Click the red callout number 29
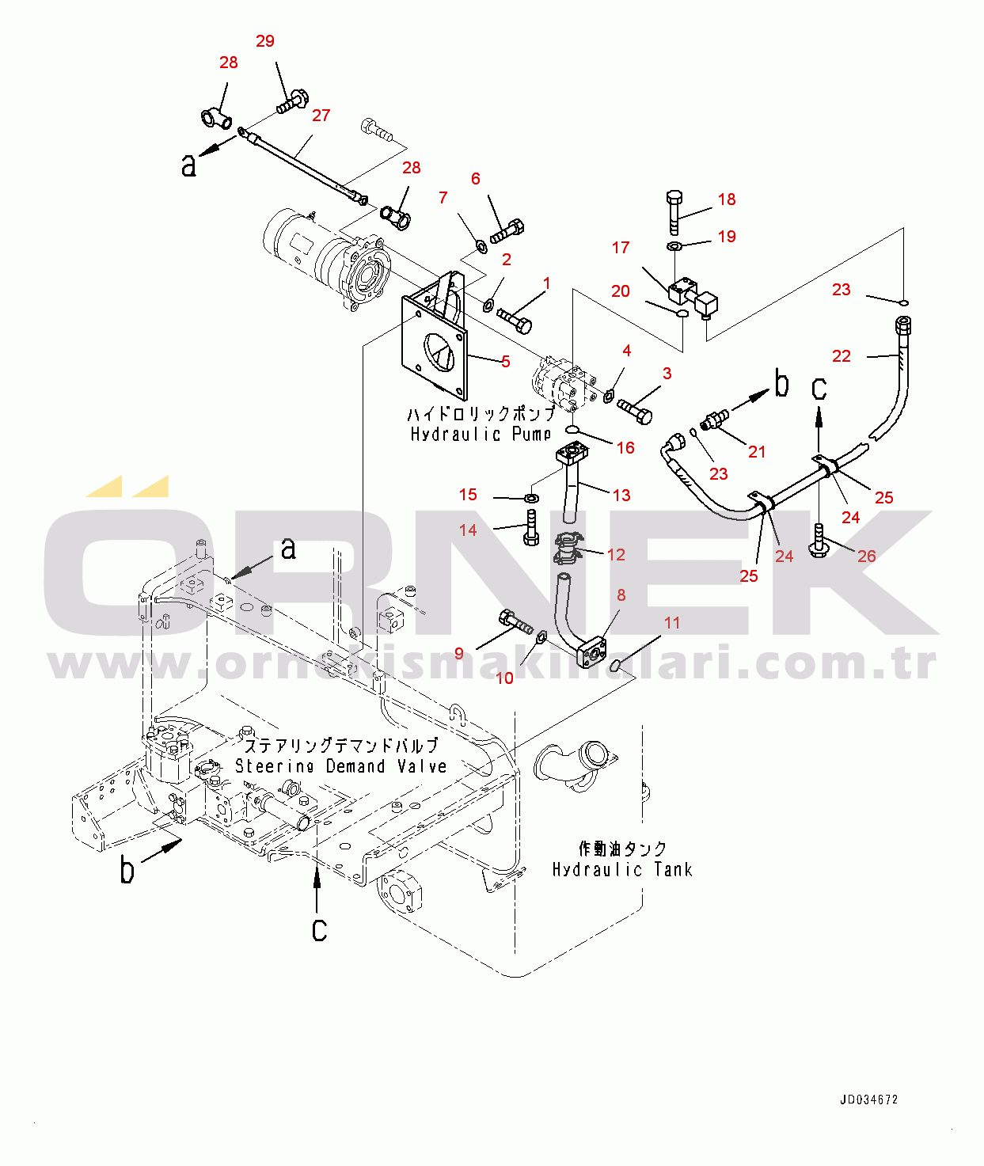click(x=265, y=41)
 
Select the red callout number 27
click(x=321, y=116)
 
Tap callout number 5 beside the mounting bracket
click(x=505, y=362)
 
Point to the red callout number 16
click(x=625, y=448)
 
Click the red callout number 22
click(x=841, y=356)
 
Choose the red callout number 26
click(x=867, y=556)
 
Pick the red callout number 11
click(x=672, y=623)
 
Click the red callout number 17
click(x=621, y=248)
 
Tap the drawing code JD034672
click(x=868, y=1100)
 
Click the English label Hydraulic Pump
click(x=481, y=434)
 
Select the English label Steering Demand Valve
click(x=341, y=766)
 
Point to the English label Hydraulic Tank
click(x=622, y=869)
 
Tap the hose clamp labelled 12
click(x=568, y=549)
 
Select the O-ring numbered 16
click(x=572, y=430)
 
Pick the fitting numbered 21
click(x=715, y=419)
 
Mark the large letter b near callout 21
click(x=781, y=384)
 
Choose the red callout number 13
click(x=621, y=496)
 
